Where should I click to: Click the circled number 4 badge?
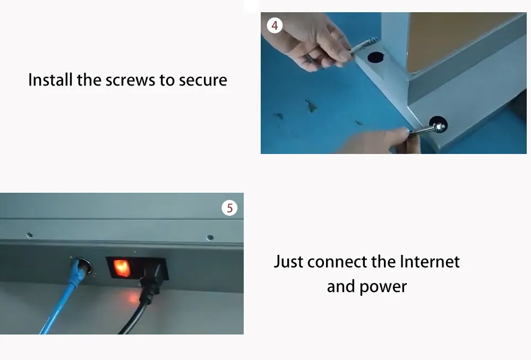[275, 25]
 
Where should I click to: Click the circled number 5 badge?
[229, 208]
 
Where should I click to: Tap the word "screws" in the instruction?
[131, 81]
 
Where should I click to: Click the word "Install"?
[50, 80]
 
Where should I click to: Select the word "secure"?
[203, 81]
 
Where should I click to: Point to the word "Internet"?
[430, 262]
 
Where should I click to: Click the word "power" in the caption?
[383, 287]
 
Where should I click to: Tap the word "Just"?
[288, 262]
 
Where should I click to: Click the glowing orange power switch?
[121, 268]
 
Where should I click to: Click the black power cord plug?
[152, 281]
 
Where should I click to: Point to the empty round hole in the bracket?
[375, 57]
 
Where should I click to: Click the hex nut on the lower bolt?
[439, 127]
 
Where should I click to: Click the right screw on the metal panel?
[210, 237]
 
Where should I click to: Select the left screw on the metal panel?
[30, 235]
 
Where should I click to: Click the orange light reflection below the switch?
[132, 298]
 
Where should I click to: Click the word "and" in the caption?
[341, 287]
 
